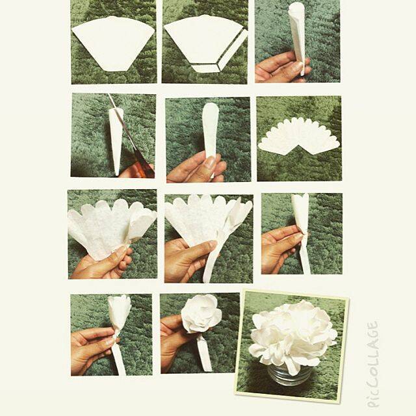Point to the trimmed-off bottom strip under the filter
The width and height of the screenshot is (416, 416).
click(x=205, y=68)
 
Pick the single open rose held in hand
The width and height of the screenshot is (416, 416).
click(x=202, y=314)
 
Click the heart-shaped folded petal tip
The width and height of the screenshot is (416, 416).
click(x=300, y=201)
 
